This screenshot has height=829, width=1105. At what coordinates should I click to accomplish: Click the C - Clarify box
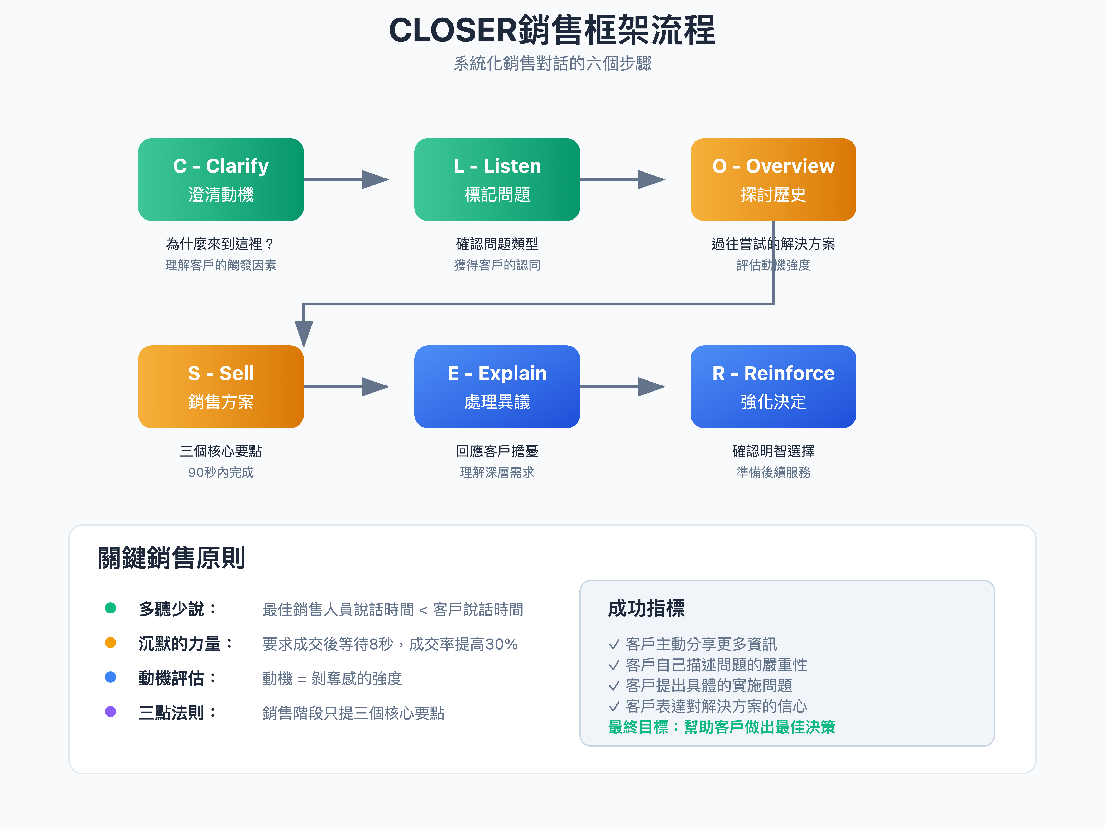click(221, 179)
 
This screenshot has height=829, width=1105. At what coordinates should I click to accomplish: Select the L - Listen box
click(497, 179)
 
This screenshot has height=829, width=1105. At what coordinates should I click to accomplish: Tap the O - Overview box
click(773, 179)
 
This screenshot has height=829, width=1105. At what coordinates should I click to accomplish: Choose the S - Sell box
click(221, 387)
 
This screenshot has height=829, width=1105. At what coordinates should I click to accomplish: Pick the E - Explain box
click(497, 387)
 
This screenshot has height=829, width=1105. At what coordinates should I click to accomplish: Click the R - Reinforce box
click(773, 387)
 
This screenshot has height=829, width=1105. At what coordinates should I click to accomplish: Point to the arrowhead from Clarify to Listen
click(375, 179)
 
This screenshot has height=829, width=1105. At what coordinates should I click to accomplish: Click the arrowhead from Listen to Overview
click(651, 179)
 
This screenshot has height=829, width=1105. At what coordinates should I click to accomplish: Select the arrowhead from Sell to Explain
click(375, 387)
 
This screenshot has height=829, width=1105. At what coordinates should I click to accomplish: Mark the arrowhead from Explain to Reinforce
click(651, 387)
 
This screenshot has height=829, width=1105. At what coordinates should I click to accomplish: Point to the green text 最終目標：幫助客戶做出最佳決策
click(721, 727)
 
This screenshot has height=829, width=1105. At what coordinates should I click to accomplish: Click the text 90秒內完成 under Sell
click(221, 472)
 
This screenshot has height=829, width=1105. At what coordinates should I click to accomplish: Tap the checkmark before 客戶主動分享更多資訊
click(614, 645)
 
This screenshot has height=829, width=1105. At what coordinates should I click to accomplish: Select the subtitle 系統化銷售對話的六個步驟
click(552, 63)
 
